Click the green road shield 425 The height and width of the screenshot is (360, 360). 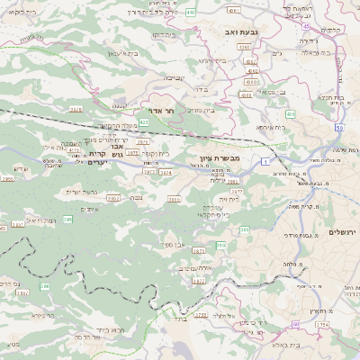(x=144, y=110)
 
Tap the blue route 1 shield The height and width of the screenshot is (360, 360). (x=266, y=160)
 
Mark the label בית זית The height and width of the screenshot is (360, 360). (x=234, y=198)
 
